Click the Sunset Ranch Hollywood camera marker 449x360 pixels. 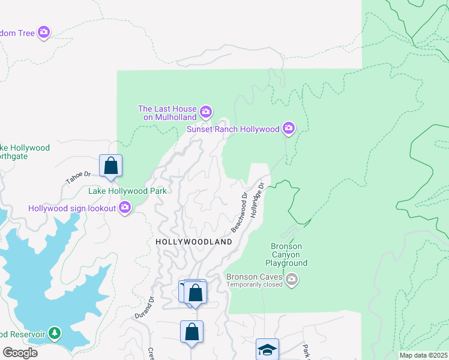point(289,128)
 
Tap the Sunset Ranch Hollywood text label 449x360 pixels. point(233,129)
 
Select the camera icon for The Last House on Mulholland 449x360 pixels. point(206,112)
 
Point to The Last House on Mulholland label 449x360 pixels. point(167,113)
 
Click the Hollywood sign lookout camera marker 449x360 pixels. point(125,208)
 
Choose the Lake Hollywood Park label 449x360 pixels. point(127,191)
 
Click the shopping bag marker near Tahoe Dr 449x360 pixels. point(110,166)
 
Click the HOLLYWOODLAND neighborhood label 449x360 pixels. point(194,242)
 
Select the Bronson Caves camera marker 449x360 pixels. point(292,279)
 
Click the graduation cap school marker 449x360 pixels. point(267,349)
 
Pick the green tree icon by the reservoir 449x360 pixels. point(55,333)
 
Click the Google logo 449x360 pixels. point(20,352)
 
